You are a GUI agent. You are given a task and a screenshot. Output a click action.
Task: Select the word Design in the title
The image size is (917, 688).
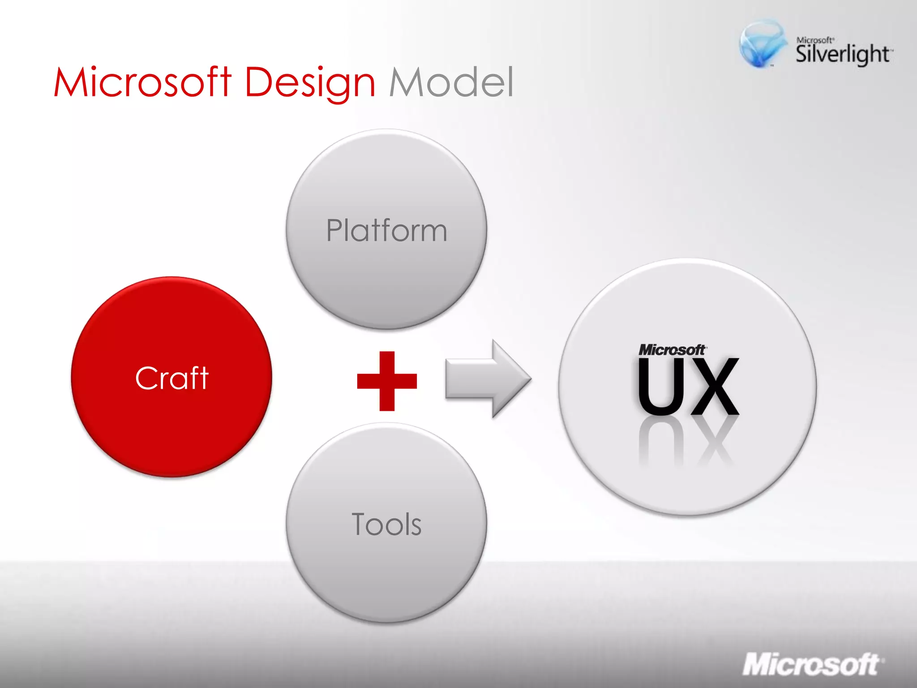(310, 83)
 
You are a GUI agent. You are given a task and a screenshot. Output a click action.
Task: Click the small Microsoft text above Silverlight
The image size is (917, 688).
(814, 40)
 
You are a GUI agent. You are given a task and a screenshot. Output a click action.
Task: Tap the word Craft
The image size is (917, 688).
(172, 378)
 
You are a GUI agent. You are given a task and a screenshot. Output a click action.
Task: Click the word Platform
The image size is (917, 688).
(386, 231)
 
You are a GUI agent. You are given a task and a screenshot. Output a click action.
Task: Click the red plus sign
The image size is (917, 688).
(387, 381)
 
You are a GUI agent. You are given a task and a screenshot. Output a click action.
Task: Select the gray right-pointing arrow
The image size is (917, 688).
(488, 378)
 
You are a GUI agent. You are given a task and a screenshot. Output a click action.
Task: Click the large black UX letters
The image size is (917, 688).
(688, 386)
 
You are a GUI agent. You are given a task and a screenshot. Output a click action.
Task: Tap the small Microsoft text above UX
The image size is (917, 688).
(672, 350)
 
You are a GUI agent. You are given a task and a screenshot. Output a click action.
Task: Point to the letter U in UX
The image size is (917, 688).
(658, 386)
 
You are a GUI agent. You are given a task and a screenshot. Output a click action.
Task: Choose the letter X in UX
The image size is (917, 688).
(714, 386)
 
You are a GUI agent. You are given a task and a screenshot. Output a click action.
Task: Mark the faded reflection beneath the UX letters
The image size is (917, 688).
(688, 443)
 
